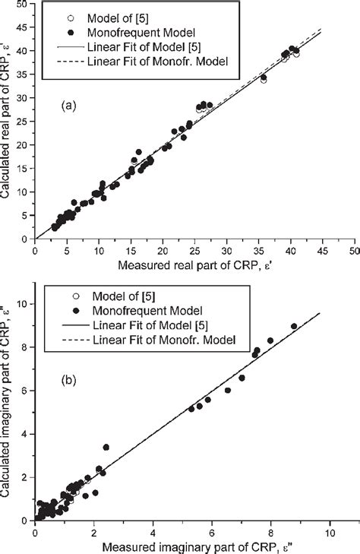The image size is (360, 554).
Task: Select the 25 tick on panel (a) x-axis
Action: point(195,250)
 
